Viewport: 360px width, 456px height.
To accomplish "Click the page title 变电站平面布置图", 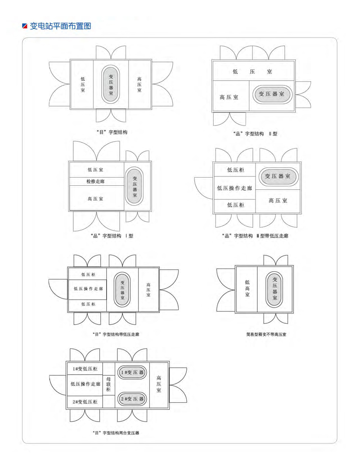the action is (x=61, y=26).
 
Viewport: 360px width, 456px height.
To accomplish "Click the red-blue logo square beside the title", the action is (x=25, y=26).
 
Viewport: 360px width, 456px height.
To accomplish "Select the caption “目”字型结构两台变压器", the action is (x=116, y=433).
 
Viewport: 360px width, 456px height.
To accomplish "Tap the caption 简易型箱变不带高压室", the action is (x=266, y=335).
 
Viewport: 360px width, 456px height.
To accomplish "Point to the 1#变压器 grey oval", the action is (x=132, y=372).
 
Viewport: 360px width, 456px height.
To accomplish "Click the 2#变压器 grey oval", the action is (x=132, y=399).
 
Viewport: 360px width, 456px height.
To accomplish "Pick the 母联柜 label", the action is (x=108, y=384).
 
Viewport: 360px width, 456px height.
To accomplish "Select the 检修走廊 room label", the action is (x=95, y=181).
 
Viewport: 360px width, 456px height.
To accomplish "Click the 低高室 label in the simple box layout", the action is (x=247, y=288).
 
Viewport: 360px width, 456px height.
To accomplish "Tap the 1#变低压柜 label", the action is (x=85, y=369).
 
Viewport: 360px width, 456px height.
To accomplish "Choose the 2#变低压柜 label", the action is (x=85, y=402).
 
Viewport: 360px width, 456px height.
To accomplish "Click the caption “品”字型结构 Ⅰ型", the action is (x=112, y=236).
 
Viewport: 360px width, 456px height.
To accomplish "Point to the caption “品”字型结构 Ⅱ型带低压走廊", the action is (x=255, y=236).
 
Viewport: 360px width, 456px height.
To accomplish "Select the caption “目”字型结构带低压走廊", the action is (x=116, y=335).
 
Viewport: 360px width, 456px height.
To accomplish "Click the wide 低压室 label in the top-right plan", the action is (x=252, y=72).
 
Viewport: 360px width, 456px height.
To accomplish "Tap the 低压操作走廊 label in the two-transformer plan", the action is (x=85, y=384).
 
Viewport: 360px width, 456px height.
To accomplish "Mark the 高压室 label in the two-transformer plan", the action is (x=158, y=384).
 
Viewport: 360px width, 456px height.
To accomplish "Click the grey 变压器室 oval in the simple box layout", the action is (x=274, y=289).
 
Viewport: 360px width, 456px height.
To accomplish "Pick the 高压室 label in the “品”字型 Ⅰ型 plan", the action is (x=95, y=199).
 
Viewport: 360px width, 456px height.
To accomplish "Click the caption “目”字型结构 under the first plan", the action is (x=112, y=132).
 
